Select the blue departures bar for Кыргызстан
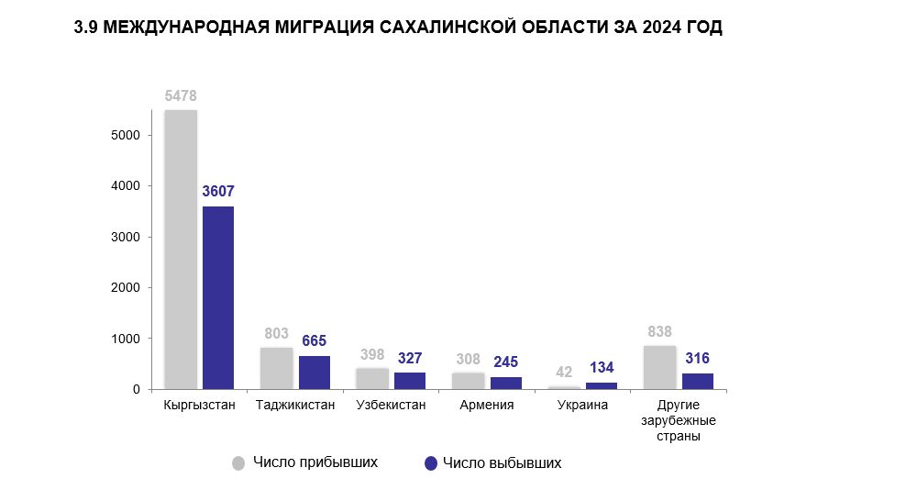tap(218, 297)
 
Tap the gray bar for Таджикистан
tap(276, 368)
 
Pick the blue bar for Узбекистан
tap(410, 381)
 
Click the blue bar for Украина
tap(602, 385)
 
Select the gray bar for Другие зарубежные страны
tap(659, 367)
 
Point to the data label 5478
tap(181, 96)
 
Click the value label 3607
tap(218, 193)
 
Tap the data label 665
tap(315, 341)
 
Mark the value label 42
tap(564, 372)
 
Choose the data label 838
tap(659, 331)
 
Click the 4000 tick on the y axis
tap(124, 186)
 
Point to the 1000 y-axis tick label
tap(124, 339)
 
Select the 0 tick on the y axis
tap(136, 389)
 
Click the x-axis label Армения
tap(486, 405)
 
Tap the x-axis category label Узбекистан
tap(391, 405)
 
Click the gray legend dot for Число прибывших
tap(238, 463)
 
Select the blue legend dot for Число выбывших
tap(430, 463)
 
